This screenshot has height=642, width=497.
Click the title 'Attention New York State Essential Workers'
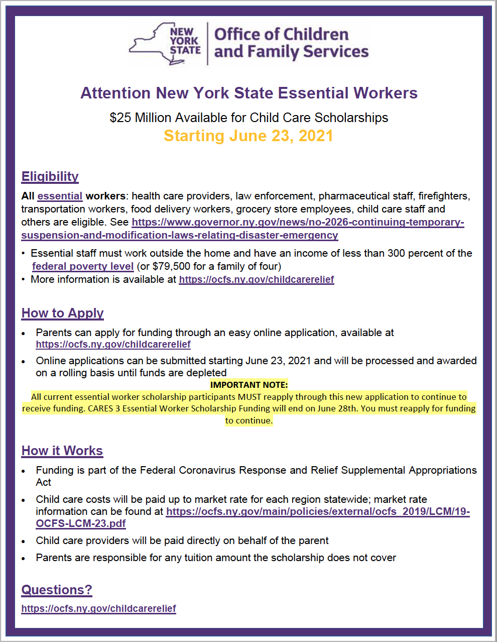pyautogui.click(x=249, y=93)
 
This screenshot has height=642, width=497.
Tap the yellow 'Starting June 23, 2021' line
pyautogui.click(x=248, y=136)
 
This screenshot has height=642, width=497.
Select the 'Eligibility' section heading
pyautogui.click(x=50, y=176)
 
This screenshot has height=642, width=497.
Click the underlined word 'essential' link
pyautogui.click(x=60, y=196)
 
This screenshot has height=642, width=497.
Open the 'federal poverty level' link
pyautogui.click(x=83, y=266)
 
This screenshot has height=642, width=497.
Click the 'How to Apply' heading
pyautogui.click(x=63, y=313)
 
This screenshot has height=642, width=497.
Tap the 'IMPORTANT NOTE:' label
pyautogui.click(x=249, y=385)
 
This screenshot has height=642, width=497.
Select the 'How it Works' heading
pyautogui.click(x=62, y=451)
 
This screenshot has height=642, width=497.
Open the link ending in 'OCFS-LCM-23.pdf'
pyautogui.click(x=81, y=523)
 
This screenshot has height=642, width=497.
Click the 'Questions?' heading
pyautogui.click(x=57, y=590)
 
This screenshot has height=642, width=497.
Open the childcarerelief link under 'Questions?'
pyautogui.click(x=99, y=608)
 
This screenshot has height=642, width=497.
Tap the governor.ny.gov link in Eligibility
pyautogui.click(x=298, y=222)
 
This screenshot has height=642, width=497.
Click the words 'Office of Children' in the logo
pyautogui.click(x=281, y=34)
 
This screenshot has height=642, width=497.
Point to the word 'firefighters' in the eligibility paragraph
pyautogui.click(x=444, y=196)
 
